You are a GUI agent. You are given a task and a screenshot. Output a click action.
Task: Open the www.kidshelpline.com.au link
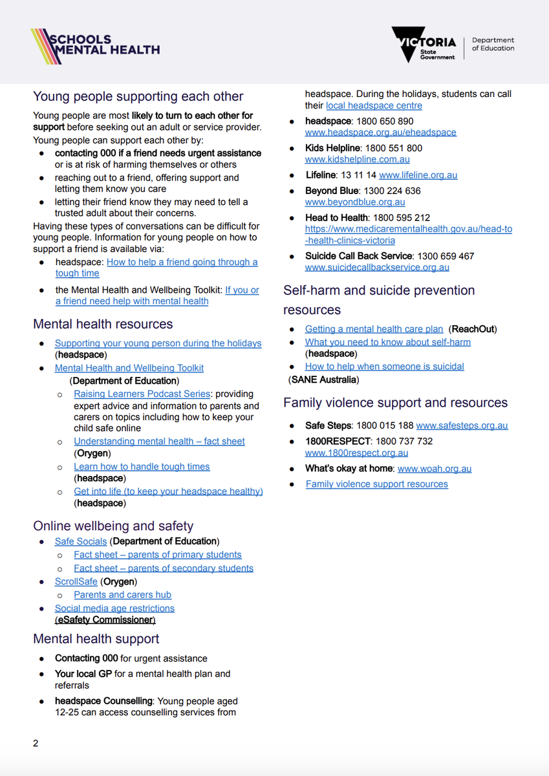[x=357, y=160]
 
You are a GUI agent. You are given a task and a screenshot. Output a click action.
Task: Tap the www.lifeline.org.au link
[x=418, y=175]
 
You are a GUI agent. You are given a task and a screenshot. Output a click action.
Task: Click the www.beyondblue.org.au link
[x=355, y=202]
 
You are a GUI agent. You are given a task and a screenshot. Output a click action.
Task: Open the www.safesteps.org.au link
[x=462, y=426]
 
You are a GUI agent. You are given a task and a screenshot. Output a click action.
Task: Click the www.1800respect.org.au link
[x=356, y=453]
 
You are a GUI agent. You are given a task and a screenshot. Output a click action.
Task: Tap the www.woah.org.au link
[x=435, y=469]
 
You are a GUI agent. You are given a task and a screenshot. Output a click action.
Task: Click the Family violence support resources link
[x=376, y=484]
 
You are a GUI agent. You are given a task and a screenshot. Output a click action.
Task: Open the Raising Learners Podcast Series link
[x=142, y=394]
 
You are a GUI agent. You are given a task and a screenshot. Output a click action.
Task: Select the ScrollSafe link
[x=76, y=582]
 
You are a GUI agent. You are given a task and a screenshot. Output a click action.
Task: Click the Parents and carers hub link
[x=122, y=595]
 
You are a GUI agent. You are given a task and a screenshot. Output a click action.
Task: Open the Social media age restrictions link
[x=114, y=609]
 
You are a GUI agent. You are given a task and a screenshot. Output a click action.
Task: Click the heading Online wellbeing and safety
[x=113, y=526]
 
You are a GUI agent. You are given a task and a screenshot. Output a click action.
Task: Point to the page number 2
[x=36, y=744]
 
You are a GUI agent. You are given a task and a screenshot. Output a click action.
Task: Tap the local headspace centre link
[x=374, y=105]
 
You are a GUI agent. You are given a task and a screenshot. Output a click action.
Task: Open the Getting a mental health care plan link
[x=374, y=329]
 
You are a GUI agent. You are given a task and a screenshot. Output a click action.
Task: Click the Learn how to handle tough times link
[x=142, y=466]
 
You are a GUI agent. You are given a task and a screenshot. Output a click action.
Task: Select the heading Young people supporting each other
[x=138, y=97]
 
